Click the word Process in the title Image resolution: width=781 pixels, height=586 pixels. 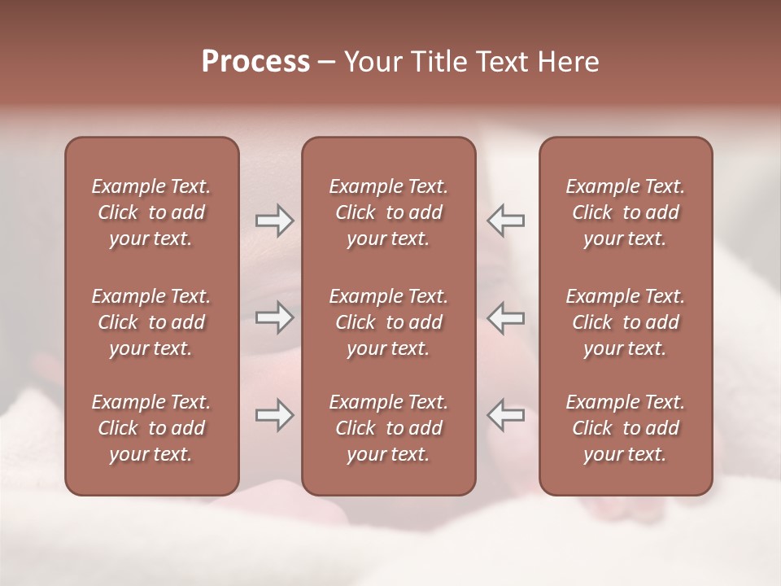255,62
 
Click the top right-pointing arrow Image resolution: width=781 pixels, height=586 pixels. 274,220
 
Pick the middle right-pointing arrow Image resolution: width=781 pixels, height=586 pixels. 274,317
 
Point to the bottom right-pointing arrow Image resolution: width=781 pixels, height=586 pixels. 274,415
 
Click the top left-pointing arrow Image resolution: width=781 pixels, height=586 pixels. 505,220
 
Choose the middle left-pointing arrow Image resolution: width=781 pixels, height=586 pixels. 505,317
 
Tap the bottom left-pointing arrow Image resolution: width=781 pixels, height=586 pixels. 505,415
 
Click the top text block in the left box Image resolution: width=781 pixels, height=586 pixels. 151,212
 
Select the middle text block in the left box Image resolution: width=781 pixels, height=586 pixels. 151,322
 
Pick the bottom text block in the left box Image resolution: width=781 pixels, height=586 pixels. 151,428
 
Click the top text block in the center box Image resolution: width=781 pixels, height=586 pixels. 389,212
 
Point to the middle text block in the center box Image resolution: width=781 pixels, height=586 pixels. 389,322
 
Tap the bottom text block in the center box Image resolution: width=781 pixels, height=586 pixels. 389,428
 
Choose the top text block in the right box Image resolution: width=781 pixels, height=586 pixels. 626,212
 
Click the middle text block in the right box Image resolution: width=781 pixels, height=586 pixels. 626,322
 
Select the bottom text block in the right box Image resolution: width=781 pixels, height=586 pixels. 626,428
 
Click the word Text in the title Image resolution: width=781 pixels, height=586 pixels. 500,62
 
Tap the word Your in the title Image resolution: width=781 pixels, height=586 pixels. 370,62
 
